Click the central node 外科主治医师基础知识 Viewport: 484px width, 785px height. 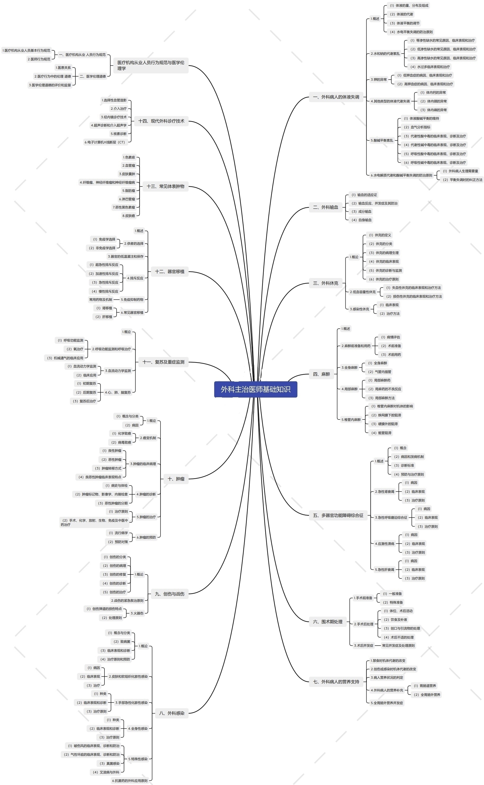tap(255, 389)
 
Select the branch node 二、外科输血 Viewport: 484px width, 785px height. tap(325, 207)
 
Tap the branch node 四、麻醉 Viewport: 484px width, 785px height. tap(321, 374)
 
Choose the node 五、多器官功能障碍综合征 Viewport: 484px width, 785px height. tap(338, 515)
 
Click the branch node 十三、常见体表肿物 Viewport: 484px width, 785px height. tap(165, 186)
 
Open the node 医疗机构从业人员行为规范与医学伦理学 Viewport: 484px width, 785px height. tap(151, 65)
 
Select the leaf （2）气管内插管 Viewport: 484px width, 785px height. tap(379, 372)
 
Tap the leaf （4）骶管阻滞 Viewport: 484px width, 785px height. tap(381, 433)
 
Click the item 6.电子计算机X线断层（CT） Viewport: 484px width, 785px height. tap(105, 142)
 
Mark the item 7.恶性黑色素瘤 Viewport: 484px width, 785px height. tap(124, 207)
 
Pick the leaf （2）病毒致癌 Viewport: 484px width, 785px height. tap(121, 442)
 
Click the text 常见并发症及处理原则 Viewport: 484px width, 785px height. tap(398, 645)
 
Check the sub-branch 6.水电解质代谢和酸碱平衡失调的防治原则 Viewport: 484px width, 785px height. tap(401, 175)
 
